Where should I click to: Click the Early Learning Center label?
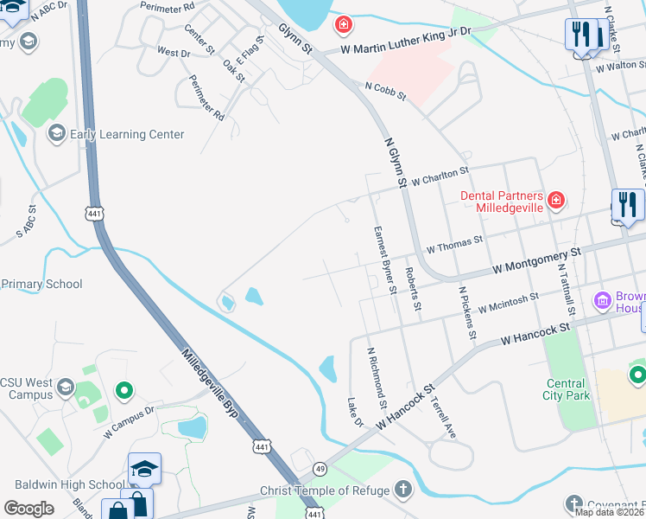coord(127,134)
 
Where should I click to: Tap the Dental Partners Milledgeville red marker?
coord(555,202)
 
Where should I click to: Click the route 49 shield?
coord(320,468)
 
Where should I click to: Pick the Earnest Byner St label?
coord(384,259)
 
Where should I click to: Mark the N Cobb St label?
coord(385,90)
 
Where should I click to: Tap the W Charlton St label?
coord(440,176)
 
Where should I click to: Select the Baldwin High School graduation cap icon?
coord(145,470)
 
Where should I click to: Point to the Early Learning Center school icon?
coord(57,134)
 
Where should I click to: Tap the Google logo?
coord(29,508)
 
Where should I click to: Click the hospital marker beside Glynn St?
coord(344,24)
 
